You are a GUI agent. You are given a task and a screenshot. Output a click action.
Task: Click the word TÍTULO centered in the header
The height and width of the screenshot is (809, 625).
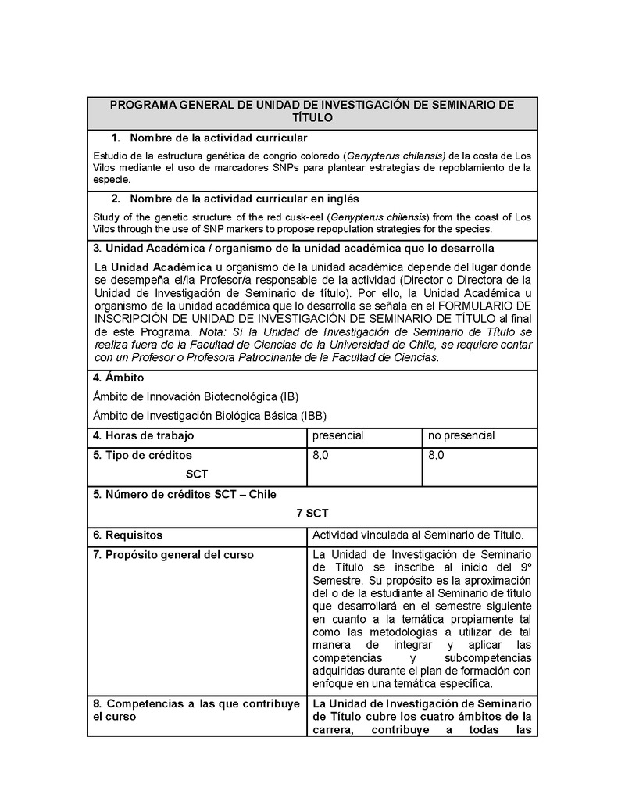[312, 118]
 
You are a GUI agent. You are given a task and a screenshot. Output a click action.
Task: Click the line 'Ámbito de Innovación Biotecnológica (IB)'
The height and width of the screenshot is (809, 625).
[195, 396]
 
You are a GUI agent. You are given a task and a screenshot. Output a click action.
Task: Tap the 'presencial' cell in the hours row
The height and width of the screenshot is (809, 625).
[338, 435]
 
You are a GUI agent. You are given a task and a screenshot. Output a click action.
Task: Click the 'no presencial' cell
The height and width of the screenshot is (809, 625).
[461, 435]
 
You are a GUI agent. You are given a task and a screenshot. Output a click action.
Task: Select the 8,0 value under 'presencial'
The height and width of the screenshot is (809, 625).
[320, 455]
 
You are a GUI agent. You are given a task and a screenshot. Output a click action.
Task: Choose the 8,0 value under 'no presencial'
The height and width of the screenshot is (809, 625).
[436, 455]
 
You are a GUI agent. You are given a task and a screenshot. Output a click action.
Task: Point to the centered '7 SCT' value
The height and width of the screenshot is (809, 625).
[312, 514]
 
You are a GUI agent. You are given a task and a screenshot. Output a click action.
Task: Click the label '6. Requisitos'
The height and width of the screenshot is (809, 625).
[127, 535]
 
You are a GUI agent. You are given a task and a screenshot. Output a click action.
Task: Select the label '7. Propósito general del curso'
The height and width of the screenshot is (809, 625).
[173, 555]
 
